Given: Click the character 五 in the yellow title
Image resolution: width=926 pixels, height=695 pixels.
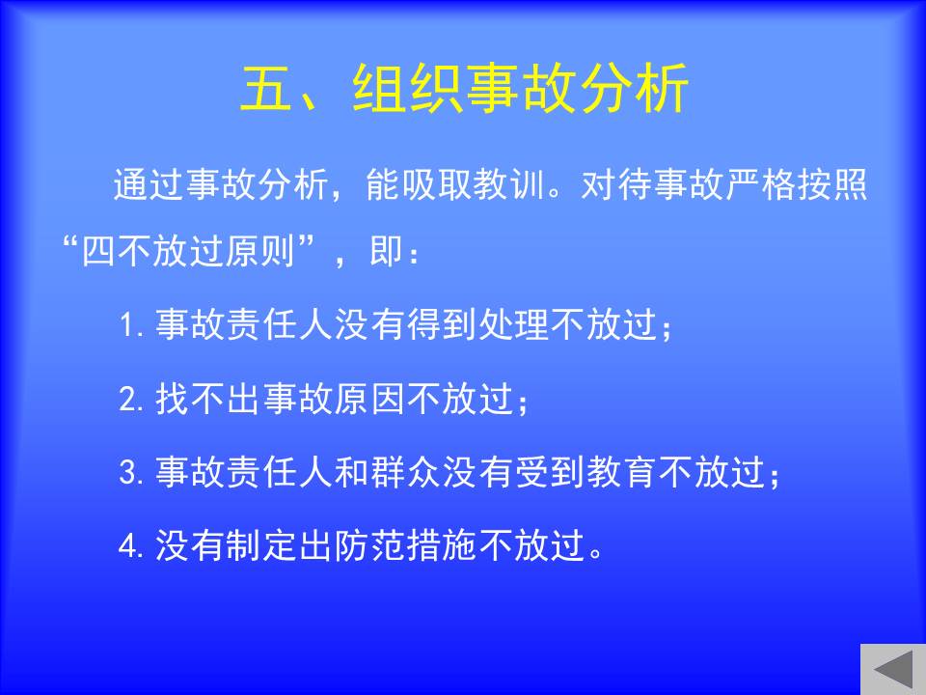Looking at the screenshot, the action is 266,88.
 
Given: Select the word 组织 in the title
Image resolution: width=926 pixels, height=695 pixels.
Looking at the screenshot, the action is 407,88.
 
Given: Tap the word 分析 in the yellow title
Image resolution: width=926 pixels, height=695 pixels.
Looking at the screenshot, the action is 634,88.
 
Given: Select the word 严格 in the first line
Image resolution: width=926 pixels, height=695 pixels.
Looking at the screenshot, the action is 760,184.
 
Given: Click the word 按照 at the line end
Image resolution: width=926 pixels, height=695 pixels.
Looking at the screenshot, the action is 831,184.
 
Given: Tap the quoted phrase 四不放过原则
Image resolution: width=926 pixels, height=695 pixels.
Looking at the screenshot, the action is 188,251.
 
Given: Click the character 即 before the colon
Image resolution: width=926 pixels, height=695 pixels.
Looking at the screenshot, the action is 386,251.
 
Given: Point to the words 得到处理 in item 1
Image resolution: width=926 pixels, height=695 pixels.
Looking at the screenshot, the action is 477,324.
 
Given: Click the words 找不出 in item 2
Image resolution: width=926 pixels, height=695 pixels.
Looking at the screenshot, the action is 208,399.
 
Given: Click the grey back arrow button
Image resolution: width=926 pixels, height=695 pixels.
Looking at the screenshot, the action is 893,670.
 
